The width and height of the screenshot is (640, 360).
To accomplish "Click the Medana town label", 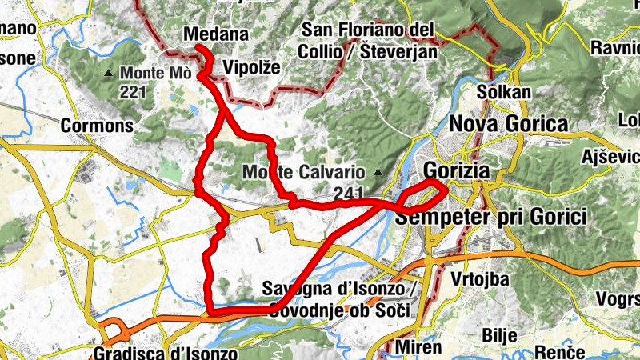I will (215, 34).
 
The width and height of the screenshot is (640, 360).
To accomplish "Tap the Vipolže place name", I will (252, 67).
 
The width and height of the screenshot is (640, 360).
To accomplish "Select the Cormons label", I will (97, 126).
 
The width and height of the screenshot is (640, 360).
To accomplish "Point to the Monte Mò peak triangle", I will (109, 74).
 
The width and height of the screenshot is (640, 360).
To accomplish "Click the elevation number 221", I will (134, 91).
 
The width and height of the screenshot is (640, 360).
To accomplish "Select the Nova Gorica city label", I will (508, 124).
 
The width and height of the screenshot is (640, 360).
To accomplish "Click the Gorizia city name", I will (467, 170).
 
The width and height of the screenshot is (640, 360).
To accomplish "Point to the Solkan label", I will (503, 92).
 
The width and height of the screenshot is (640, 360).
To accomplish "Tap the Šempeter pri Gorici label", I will (492, 217).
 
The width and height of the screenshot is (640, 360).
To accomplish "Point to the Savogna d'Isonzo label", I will (340, 289).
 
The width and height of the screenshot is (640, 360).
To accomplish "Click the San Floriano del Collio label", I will (366, 30).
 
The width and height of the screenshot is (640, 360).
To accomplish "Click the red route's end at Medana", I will (198, 50).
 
